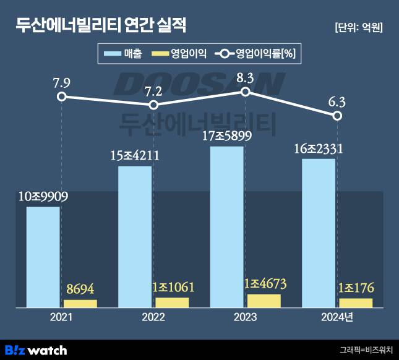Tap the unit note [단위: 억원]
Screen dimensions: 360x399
tap(358, 27)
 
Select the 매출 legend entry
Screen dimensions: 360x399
tap(124, 54)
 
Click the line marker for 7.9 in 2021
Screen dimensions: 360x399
tap(61, 96)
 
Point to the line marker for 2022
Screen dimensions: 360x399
tap(153, 106)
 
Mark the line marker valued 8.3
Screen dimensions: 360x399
tap(245, 92)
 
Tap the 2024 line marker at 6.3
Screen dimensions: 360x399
tap(337, 116)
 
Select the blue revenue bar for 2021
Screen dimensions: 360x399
tap(43, 257)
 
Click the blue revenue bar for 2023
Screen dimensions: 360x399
tap(226, 226)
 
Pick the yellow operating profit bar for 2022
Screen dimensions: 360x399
tap(172, 302)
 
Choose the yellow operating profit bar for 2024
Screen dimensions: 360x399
tap(356, 302)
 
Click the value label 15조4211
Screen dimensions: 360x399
tap(135, 155)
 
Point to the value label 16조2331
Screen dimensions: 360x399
tap(319, 148)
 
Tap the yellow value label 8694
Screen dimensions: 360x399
tap(80, 288)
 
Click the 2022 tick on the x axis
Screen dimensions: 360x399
tap(153, 317)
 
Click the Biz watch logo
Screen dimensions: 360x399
tap(35, 350)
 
